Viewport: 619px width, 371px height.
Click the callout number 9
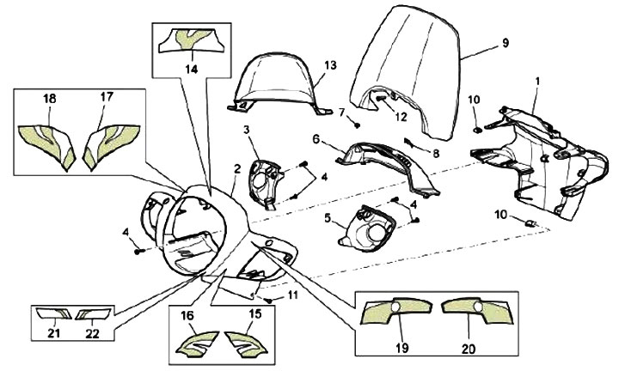pyautogui.click(x=505, y=42)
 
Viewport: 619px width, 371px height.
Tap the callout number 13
pyautogui.click(x=331, y=65)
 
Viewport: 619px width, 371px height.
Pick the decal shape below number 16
pyautogui.click(x=199, y=344)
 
